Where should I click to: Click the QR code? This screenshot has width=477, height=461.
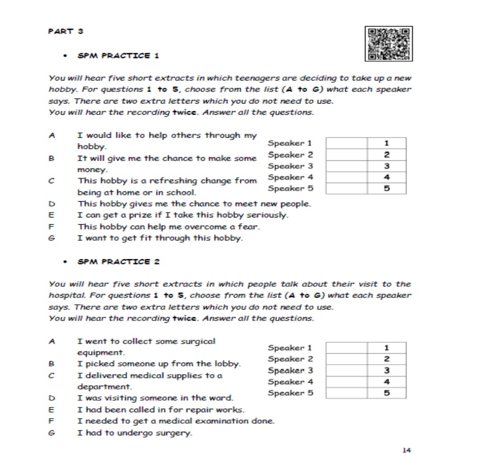390,44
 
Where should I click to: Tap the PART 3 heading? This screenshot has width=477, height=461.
66,32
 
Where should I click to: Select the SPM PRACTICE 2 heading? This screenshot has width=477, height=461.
119,262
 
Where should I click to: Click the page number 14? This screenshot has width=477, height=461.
407,450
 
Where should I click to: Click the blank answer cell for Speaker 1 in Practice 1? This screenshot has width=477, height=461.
346,143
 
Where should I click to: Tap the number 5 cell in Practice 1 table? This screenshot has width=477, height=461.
387,189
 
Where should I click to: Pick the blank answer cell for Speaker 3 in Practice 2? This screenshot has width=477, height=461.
346,371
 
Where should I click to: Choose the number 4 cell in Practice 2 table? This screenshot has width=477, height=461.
387,382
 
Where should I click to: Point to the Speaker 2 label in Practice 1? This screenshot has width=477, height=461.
290,155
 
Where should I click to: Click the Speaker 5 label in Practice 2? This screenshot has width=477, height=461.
290,393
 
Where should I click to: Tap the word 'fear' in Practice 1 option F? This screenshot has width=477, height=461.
250,226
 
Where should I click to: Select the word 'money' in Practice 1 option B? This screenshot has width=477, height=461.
92,170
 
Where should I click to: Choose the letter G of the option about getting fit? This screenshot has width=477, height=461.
52,238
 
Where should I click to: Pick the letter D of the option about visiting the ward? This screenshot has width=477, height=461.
52,398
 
